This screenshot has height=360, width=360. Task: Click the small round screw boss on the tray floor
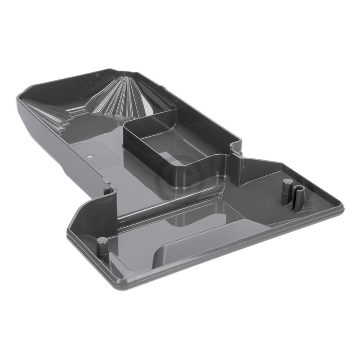point(90,155)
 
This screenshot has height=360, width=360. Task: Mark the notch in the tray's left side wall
point(108,191)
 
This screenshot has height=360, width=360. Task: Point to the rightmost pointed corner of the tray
point(343,208)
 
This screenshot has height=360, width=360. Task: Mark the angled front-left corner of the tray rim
point(74,211)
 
